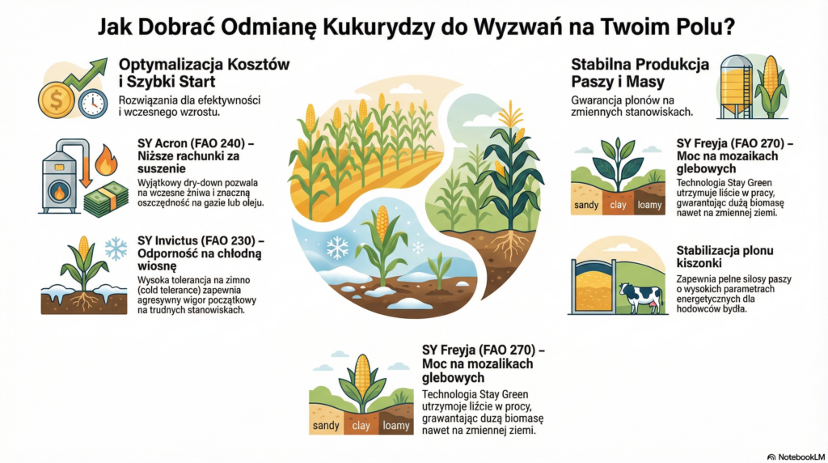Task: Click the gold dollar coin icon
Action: tap(56, 100)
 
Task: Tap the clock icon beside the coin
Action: tap(93, 103)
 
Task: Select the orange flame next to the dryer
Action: tap(106, 160)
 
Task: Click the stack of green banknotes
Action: tap(106, 199)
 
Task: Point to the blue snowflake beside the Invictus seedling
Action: tap(116, 248)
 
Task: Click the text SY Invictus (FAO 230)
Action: tap(196, 241)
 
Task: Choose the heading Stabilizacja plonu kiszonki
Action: tap(725, 257)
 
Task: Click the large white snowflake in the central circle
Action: tap(337, 248)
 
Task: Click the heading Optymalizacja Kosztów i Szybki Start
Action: tap(204, 73)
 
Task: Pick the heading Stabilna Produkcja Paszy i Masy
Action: tap(640, 73)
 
